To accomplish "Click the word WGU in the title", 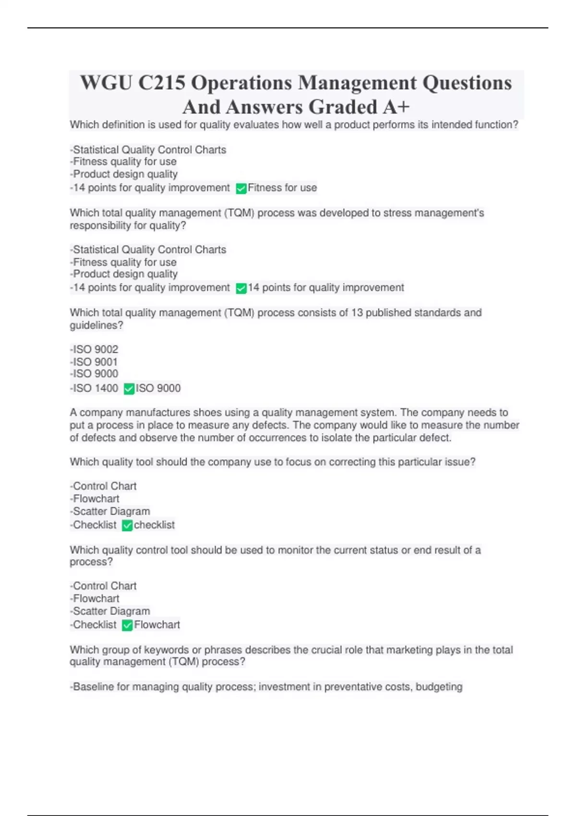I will (106, 83).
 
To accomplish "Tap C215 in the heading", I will (162, 83).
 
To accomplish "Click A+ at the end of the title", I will (396, 107).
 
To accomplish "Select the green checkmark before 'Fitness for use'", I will (241, 189).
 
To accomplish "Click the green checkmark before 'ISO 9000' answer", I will (129, 389).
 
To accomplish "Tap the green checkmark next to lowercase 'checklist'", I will (127, 526).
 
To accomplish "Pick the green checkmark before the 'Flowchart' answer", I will (127, 625).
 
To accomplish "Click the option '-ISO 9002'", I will (94, 349).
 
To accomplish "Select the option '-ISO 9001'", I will (94, 362).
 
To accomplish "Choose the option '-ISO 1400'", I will (94, 388).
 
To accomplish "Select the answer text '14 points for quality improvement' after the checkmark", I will (326, 288).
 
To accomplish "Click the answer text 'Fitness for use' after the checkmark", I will (282, 188).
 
